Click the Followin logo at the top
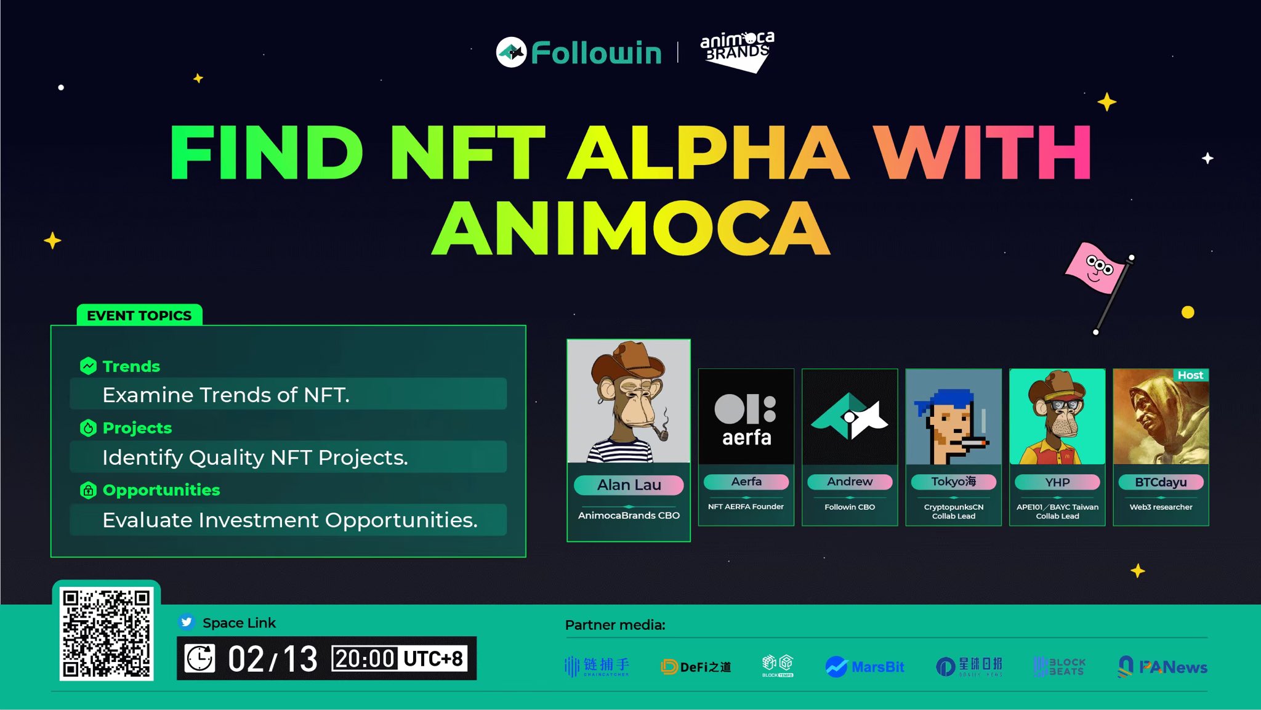[579, 52]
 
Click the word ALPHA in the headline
[707, 152]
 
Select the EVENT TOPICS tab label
[139, 315]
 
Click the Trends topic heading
[131, 366]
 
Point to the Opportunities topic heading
[161, 490]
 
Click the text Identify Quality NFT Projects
[255, 458]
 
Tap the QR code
[107, 633]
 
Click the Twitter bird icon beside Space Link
[186, 623]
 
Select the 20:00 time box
[365, 659]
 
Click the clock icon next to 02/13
[200, 659]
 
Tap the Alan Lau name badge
[629, 485]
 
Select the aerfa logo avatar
[746, 418]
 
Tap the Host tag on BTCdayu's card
[1190, 375]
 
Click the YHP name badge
[1057, 482]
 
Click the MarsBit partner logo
[865, 666]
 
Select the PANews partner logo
[1162, 666]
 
